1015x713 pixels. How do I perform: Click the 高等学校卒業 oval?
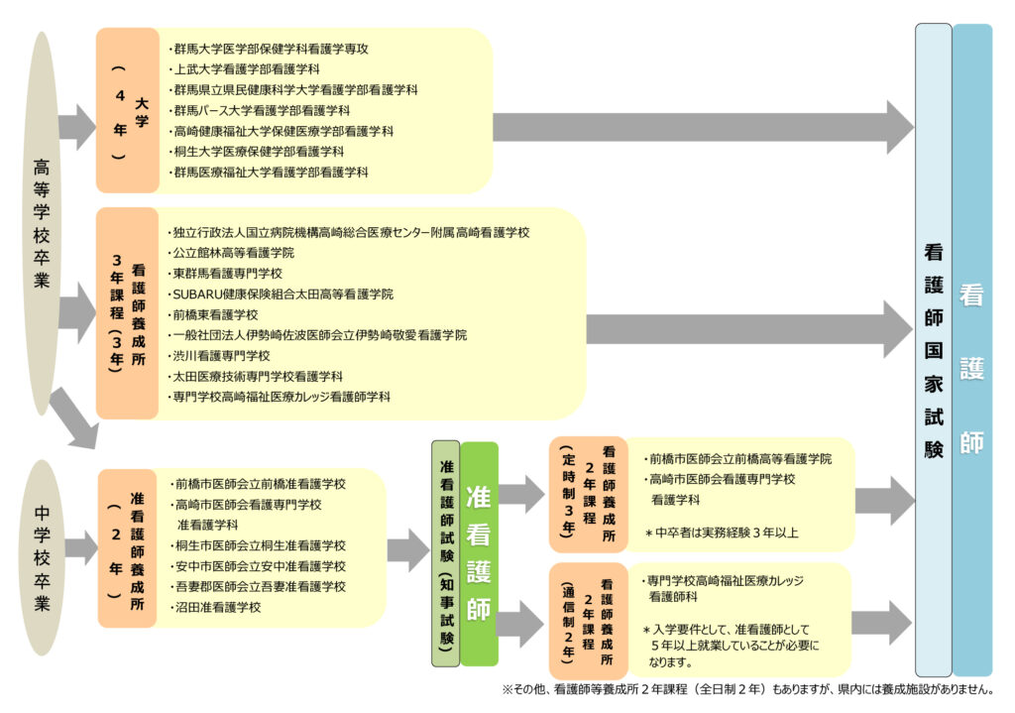click(42, 224)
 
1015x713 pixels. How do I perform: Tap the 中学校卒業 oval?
click(42, 556)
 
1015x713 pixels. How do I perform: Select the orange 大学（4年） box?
click(127, 110)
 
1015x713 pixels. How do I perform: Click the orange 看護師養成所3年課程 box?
click(127, 313)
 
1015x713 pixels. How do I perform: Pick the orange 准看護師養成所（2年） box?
click(127, 547)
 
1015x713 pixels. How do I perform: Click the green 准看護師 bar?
click(479, 553)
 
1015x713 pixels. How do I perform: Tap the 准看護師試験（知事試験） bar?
click(445, 553)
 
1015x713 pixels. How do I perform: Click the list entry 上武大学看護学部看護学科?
click(247, 69)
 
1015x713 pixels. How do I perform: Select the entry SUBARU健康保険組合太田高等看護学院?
click(282, 294)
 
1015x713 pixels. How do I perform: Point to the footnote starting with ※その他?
click(748, 690)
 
